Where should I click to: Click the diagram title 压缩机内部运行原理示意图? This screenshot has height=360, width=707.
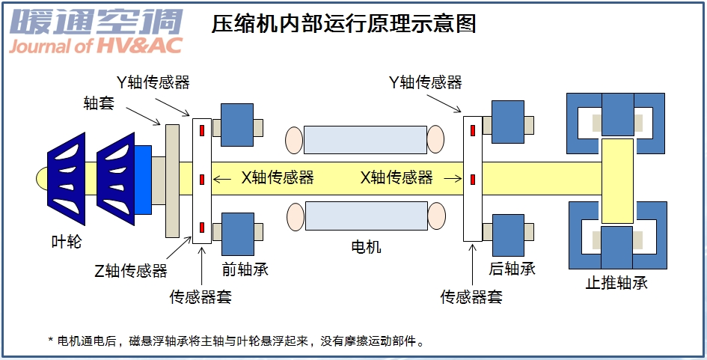pyautogui.click(x=344, y=24)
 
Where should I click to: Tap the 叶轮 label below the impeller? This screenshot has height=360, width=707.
pyautogui.click(x=66, y=242)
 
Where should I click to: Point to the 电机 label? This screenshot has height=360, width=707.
pyautogui.click(x=366, y=246)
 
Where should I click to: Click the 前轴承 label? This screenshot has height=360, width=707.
pyautogui.click(x=245, y=269)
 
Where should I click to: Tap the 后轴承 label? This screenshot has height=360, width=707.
pyautogui.click(x=512, y=269)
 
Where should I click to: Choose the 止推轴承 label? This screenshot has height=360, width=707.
pyautogui.click(x=616, y=283)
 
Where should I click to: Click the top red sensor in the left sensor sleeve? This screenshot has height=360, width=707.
pyautogui.click(x=201, y=131)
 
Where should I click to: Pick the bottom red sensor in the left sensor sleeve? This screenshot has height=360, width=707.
pyautogui.click(x=201, y=227)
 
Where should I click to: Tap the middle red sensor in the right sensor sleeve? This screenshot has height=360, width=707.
pyautogui.click(x=473, y=179)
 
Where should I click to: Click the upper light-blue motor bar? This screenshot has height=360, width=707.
pyautogui.click(x=365, y=139)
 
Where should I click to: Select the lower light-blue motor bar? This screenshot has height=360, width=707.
pyautogui.click(x=365, y=216)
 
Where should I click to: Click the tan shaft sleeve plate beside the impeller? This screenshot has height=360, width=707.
pyautogui.click(x=172, y=180)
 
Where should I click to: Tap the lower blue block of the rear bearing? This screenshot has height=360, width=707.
pyautogui.click(x=508, y=233)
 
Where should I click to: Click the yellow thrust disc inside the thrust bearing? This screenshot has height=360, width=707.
pyautogui.click(x=617, y=180)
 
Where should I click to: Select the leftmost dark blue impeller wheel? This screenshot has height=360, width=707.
pyautogui.click(x=67, y=179)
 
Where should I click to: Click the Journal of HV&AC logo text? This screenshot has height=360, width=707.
pyautogui.click(x=95, y=46)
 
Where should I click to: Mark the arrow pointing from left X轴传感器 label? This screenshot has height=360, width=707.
pyautogui.click(x=222, y=179)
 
